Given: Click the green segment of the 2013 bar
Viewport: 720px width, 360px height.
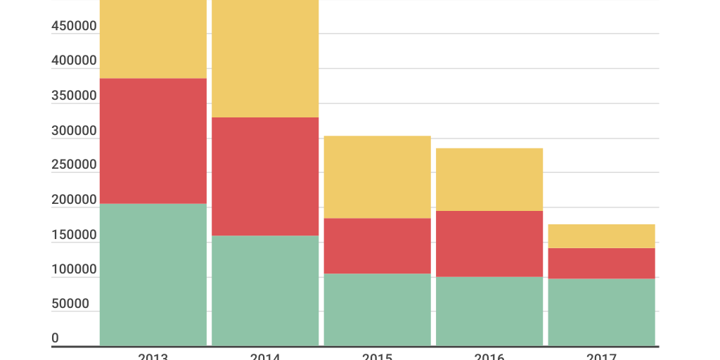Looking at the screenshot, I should pyautogui.click(x=153, y=274).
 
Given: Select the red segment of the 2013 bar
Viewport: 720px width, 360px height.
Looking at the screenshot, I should pyautogui.click(x=153, y=141).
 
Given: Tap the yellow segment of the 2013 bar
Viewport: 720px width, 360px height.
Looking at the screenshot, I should pyautogui.click(x=153, y=39).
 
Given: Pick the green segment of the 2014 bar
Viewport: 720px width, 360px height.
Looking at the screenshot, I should pyautogui.click(x=265, y=290).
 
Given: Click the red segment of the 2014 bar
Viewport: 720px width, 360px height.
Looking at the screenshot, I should pyautogui.click(x=265, y=176).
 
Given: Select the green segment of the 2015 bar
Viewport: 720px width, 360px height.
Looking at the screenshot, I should pyautogui.click(x=377, y=309).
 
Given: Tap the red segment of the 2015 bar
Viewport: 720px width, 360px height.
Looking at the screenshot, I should pyautogui.click(x=377, y=245).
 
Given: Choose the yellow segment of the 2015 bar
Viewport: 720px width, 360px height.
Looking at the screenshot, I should pyautogui.click(x=377, y=177).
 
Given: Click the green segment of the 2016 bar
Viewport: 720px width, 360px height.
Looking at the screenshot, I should pyautogui.click(x=489, y=311).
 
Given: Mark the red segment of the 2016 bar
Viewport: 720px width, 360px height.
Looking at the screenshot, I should pyautogui.click(x=489, y=243).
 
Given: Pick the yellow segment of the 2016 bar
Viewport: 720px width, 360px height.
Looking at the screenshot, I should pyautogui.click(x=489, y=179).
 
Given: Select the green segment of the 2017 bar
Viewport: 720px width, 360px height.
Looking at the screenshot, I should pyautogui.click(x=601, y=312).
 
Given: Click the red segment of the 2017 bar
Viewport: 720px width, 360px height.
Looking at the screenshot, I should pyautogui.click(x=601, y=263).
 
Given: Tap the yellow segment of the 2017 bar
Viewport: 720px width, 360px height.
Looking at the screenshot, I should pyautogui.click(x=601, y=236).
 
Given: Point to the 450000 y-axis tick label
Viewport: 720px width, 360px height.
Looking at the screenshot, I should pyautogui.click(x=74, y=26).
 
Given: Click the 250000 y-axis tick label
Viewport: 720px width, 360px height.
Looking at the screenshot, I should pyautogui.click(x=74, y=165).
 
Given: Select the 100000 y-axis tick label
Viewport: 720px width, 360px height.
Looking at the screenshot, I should pyautogui.click(x=74, y=269).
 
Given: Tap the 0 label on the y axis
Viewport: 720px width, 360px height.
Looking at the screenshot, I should pyautogui.click(x=56, y=338).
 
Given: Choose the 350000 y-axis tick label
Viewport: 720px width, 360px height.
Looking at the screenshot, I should pyautogui.click(x=74, y=96).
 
